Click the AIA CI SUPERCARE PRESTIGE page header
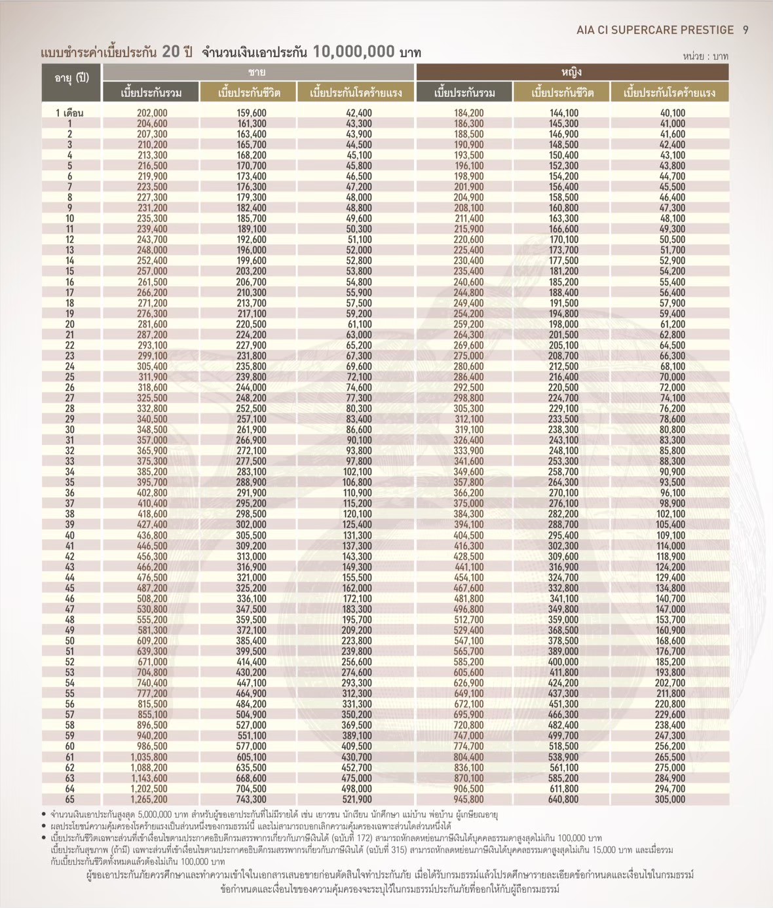point(655,30)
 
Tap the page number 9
point(745,30)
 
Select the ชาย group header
point(257,72)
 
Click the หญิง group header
point(571,72)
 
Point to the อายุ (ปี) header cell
point(71,78)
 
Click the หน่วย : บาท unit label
point(705,56)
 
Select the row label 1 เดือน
point(69,113)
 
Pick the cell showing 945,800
point(468,799)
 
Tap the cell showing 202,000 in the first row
point(152,113)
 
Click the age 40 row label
point(69,535)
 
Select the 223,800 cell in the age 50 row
point(356,641)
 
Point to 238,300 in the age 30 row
point(563,430)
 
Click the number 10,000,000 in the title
point(354,52)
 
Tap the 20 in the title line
point(170,52)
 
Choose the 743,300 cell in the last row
point(251,799)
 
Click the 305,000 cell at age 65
point(669,799)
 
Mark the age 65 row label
point(69,799)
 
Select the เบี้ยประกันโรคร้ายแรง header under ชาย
point(356,92)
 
